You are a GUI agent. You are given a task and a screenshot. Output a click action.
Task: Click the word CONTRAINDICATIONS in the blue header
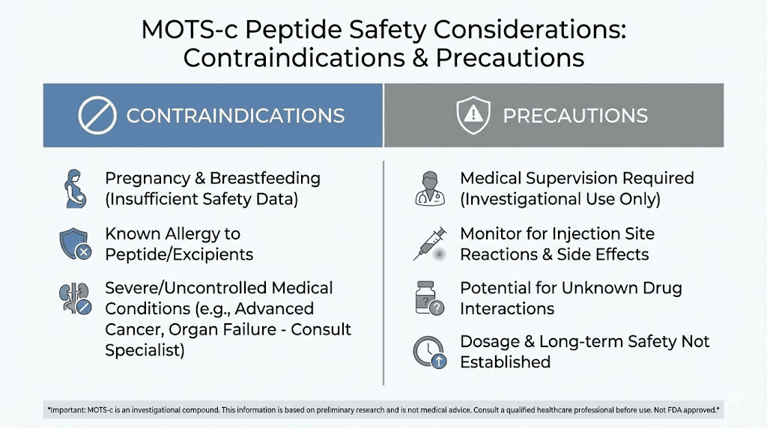235,115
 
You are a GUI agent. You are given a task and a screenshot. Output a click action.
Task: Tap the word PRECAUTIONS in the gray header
575,115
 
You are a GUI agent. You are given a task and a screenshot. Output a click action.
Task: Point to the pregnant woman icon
74,189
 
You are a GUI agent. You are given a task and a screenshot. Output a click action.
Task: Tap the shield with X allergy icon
74,244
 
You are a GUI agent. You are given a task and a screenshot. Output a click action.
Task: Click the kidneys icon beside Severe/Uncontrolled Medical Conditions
74,298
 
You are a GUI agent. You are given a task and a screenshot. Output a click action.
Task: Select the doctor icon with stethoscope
429,189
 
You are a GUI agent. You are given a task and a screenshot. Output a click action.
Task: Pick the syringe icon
430,243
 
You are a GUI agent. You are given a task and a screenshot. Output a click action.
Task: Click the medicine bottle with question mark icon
429,298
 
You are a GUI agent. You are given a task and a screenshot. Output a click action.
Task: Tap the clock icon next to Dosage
429,352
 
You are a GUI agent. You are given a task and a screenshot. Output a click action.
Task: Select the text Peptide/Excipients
179,254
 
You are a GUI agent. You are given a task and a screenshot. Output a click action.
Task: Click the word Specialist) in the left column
145,350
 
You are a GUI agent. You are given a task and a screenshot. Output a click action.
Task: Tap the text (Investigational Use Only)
560,200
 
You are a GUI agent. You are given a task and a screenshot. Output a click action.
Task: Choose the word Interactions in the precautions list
507,308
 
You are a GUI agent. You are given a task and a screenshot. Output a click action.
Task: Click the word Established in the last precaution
505,362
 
